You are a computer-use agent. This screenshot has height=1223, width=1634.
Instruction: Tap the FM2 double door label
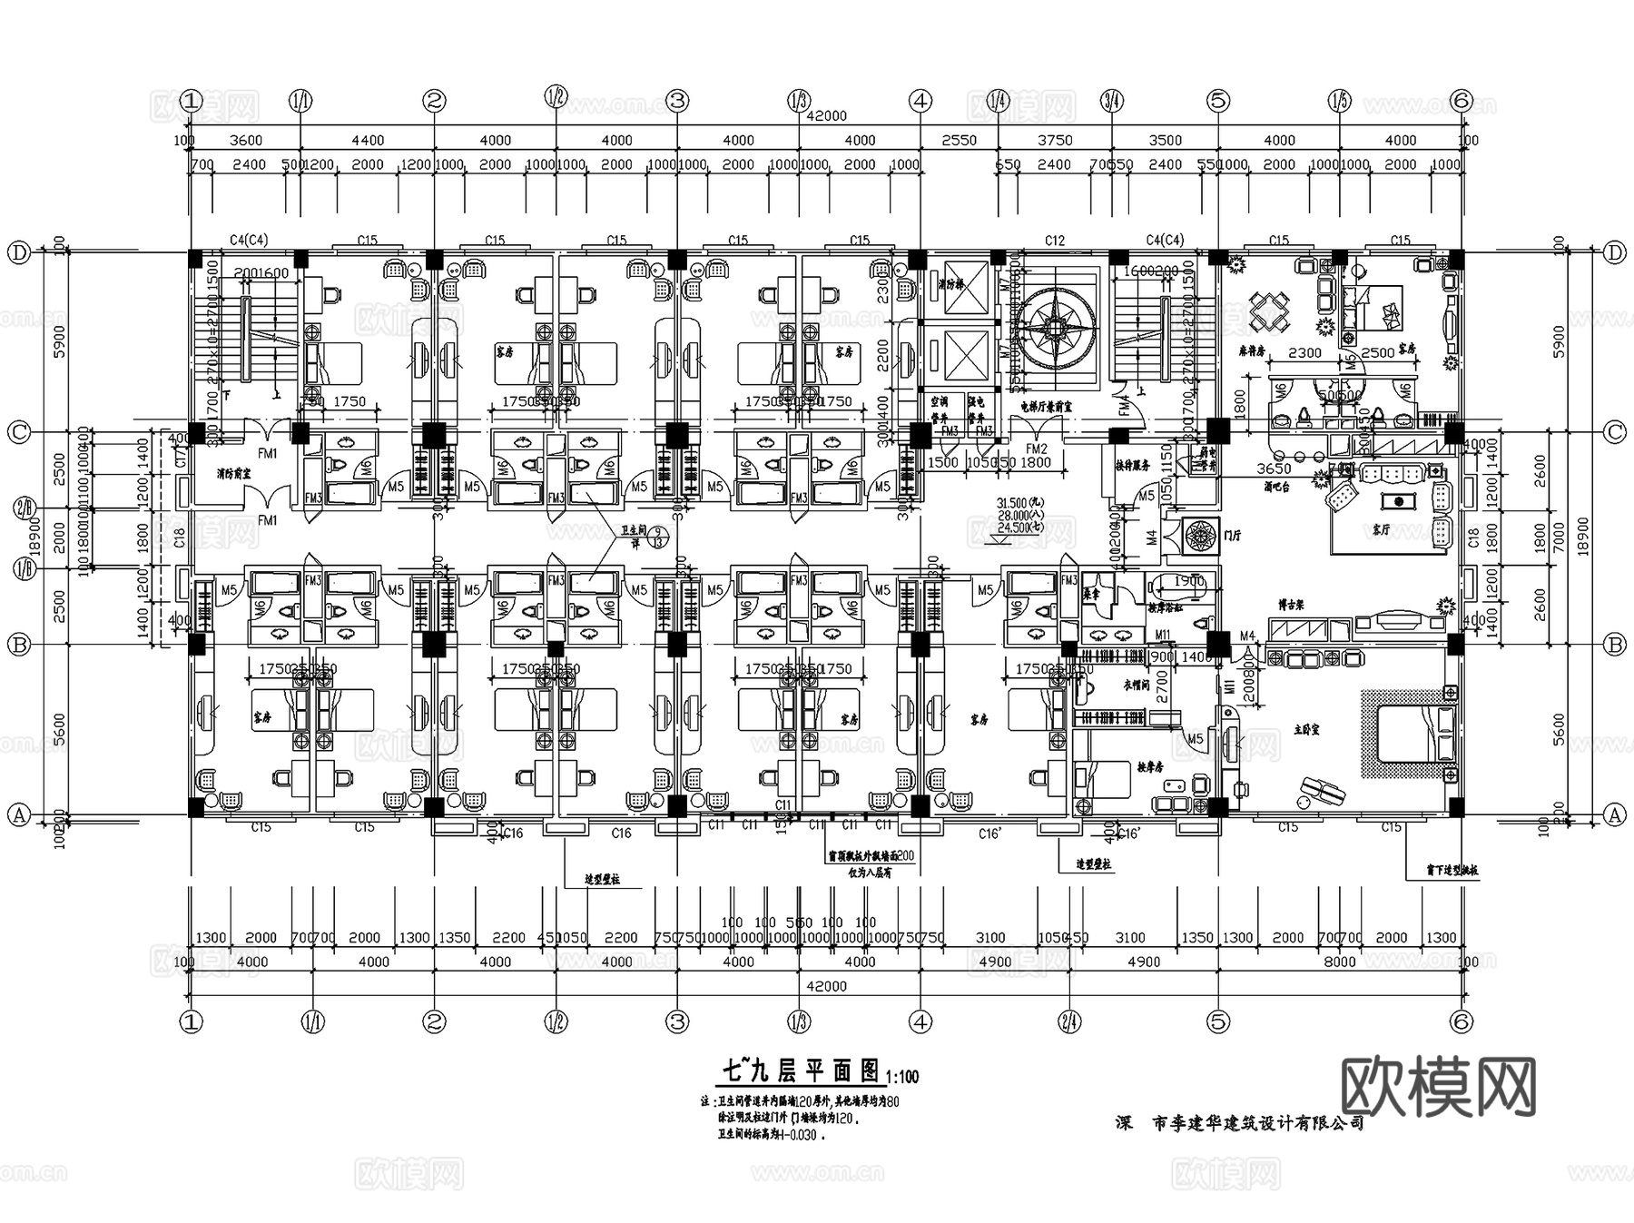click(x=1036, y=449)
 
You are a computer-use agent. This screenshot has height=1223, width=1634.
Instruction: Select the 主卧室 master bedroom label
click(x=1306, y=729)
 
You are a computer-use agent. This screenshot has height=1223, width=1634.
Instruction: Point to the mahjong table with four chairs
click(x=1269, y=311)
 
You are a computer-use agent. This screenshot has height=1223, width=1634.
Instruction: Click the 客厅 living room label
click(x=1380, y=528)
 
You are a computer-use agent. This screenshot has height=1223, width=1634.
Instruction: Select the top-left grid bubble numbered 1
click(x=191, y=101)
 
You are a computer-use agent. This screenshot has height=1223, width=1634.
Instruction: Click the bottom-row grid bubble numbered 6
click(x=1461, y=1021)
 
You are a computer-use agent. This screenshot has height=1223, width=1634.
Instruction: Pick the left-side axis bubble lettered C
click(x=19, y=432)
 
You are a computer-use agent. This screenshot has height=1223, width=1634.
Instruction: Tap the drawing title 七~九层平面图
click(x=800, y=1071)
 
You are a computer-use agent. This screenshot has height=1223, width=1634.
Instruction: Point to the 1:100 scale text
click(x=901, y=1077)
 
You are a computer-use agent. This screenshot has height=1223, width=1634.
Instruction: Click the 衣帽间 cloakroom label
click(x=1137, y=685)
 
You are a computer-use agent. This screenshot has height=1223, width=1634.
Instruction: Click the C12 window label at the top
click(x=1054, y=241)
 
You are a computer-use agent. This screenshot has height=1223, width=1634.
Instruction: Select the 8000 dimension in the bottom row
click(x=1339, y=962)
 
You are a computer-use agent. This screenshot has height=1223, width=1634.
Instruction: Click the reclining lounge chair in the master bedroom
click(x=1321, y=792)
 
